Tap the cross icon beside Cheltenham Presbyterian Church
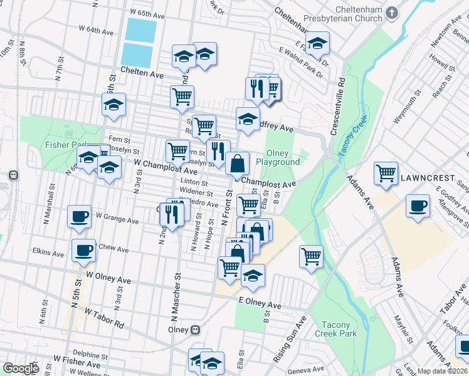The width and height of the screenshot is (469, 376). (392, 12)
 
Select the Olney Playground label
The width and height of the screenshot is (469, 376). (283, 157)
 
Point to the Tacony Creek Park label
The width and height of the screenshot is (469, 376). (339, 329)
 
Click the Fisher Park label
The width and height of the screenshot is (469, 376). (61, 145)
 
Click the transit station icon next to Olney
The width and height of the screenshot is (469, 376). (196, 329)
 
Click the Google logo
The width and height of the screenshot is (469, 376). (21, 368)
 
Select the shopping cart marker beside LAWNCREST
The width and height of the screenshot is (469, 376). (386, 173)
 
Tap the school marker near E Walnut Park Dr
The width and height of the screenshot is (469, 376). (318, 43)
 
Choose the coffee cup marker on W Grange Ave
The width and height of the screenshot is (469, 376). (80, 216)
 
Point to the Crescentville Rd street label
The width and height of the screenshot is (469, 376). (341, 106)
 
